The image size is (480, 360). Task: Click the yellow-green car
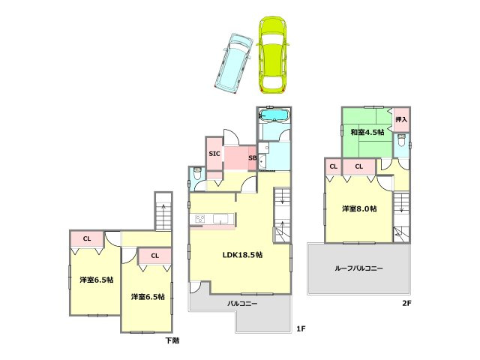[x=271, y=55]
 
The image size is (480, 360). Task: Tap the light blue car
[x=233, y=61]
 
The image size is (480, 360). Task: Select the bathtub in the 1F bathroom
[x=274, y=115]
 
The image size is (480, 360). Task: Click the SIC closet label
[x=214, y=154]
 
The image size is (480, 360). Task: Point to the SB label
[x=253, y=158]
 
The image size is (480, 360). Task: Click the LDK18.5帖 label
[x=242, y=255]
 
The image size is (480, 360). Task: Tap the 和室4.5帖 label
[x=367, y=132]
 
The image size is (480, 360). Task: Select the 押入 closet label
[x=401, y=119]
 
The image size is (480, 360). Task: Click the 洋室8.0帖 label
[x=359, y=208]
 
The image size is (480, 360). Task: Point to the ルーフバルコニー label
[x=358, y=268]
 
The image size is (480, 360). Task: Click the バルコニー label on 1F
[x=242, y=304]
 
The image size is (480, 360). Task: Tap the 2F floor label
[x=406, y=303]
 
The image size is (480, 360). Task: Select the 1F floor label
[x=301, y=328]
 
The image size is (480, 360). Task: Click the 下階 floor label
[x=172, y=340]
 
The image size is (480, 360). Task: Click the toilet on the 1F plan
[x=197, y=173]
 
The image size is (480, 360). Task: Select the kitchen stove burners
[x=200, y=218]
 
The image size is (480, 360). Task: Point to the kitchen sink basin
[x=220, y=219]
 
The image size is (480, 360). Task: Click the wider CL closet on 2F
[x=358, y=166]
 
